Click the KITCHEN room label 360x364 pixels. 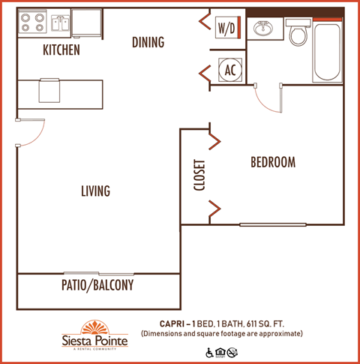pyautogui.click(x=61, y=50)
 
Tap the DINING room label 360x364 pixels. pyautogui.click(x=148, y=42)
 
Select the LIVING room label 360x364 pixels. pyautogui.click(x=95, y=191)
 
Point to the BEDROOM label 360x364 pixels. pyautogui.click(x=272, y=162)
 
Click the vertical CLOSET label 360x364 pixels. pyautogui.click(x=199, y=175)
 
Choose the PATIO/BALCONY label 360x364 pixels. pyautogui.click(x=97, y=285)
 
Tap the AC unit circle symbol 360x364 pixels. pyautogui.click(x=230, y=70)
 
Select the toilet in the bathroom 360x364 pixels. pyautogui.click(x=299, y=34)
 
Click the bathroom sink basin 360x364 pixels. pyautogui.click(x=263, y=30)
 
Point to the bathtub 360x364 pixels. pyautogui.click(x=328, y=52)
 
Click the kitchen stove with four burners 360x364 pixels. pyautogui.click(x=33, y=23)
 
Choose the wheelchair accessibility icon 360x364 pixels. pyautogui.click(x=209, y=351)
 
